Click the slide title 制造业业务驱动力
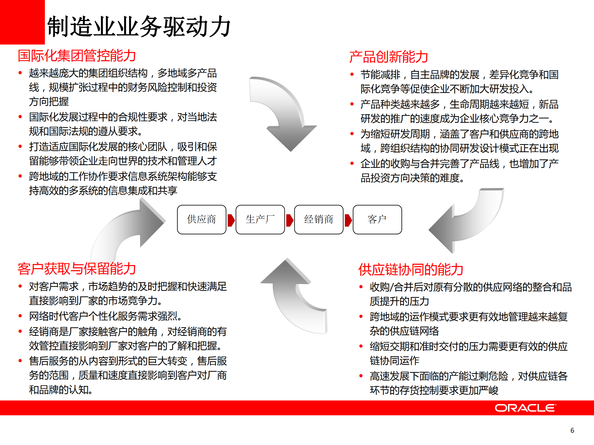click(x=139, y=27)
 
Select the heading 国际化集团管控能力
click(x=77, y=56)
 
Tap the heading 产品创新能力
click(x=388, y=57)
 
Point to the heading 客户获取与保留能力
click(x=77, y=268)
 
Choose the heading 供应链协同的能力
click(x=410, y=270)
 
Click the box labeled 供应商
click(x=202, y=220)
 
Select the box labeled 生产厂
click(x=260, y=220)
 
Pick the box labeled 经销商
click(x=319, y=220)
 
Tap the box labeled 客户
click(x=377, y=220)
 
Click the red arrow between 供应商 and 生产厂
click(x=231, y=220)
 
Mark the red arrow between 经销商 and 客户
click(x=348, y=220)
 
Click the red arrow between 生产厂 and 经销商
click(x=289, y=220)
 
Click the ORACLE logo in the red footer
click(x=525, y=408)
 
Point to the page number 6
click(x=572, y=430)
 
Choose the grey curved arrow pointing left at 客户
click(x=464, y=223)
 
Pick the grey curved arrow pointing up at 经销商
click(x=294, y=297)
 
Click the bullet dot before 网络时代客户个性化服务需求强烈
click(x=20, y=316)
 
